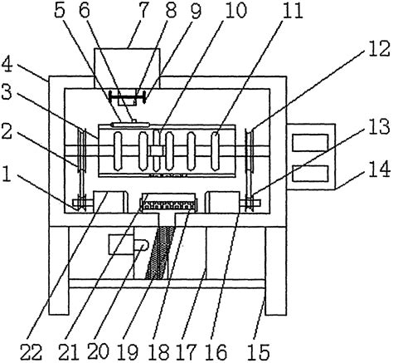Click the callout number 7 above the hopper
[x=144, y=10]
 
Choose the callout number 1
[x=7, y=174]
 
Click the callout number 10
[x=235, y=11]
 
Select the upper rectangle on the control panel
[x=311, y=142]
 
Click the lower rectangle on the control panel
[x=311, y=174]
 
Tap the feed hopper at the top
[x=127, y=68]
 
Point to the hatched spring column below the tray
[x=159, y=253]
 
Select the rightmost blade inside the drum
[x=216, y=151]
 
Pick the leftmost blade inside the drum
[x=118, y=151]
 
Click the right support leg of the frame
[x=275, y=271]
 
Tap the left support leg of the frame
[x=59, y=271]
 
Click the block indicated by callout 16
[x=223, y=202]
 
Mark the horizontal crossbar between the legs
[x=167, y=283]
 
